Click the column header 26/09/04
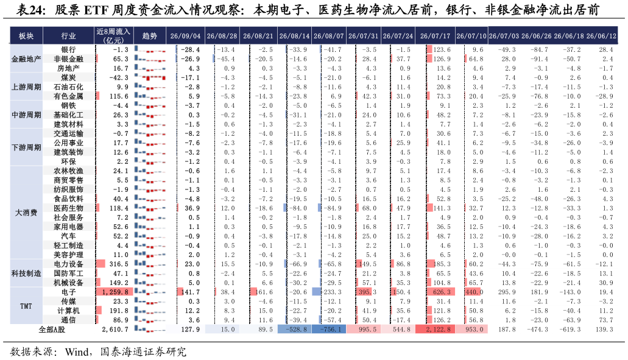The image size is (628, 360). coord(185,36)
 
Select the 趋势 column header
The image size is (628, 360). coord(149,36)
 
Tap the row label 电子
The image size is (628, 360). coord(68,292)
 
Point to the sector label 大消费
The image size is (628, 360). coord(26,213)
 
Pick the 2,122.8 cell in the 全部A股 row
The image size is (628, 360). coord(435,330)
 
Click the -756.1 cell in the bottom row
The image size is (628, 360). coord(330,330)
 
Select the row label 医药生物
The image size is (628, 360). coord(68,208)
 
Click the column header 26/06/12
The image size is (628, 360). coord(601,36)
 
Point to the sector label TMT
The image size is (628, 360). coord(26,306)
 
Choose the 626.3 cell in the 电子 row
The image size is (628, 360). coord(442,292)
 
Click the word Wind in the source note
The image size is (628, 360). coord(77,352)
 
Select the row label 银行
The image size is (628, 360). coord(68,50)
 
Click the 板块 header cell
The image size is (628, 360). coord(26,36)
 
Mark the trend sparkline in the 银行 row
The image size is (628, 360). coord(150,50)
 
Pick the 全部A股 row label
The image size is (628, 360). coord(52,330)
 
